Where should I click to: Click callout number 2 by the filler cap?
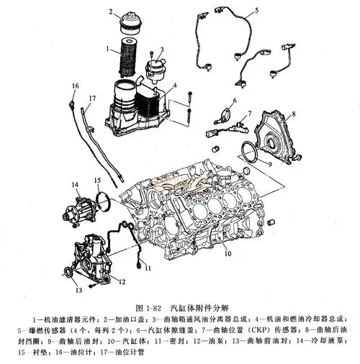111,12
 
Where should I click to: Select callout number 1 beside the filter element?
107,49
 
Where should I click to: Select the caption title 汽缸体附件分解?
207,305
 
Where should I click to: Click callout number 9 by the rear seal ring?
269,164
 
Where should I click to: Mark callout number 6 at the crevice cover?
233,99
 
